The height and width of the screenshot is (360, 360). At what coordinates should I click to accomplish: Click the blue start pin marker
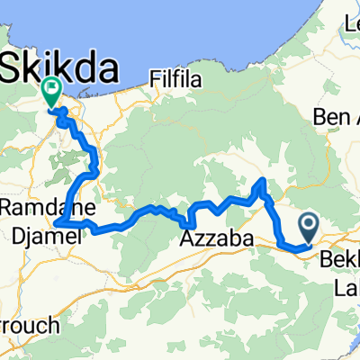click(307, 225)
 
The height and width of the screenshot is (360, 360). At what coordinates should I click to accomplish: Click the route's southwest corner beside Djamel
click(57, 221)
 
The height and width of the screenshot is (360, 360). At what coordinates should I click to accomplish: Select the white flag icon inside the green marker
click(50, 88)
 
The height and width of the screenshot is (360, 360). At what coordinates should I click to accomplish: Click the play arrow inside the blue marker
click(307, 221)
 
